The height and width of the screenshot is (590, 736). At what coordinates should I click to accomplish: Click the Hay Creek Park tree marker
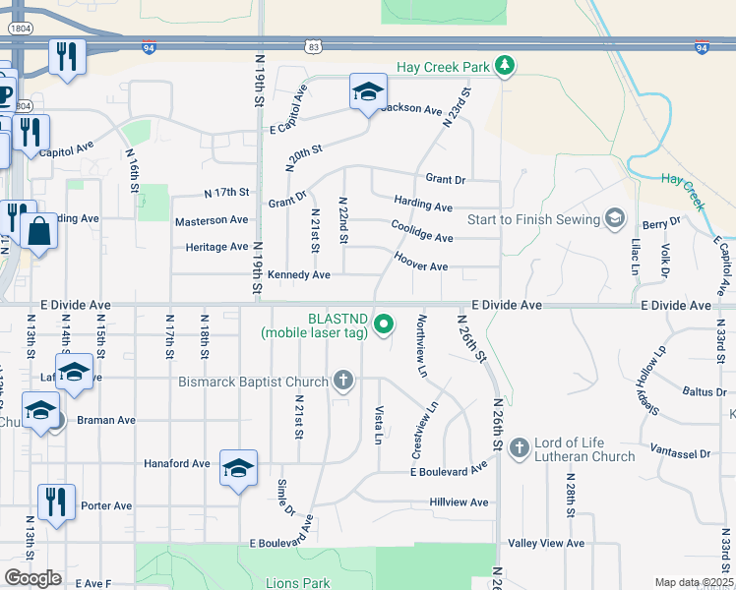(x=505, y=66)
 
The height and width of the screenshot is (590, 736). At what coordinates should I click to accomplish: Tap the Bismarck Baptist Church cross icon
(x=342, y=380)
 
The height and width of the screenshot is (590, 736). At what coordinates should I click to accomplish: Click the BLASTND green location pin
(x=386, y=323)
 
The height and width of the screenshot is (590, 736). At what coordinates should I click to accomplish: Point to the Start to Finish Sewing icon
(x=615, y=217)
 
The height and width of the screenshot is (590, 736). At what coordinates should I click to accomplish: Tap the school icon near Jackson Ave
(x=368, y=92)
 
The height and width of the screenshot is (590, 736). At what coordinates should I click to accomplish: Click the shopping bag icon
(x=38, y=232)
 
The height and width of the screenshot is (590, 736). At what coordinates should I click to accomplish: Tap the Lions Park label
(x=298, y=583)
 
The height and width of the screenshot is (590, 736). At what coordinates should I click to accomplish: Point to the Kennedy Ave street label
(x=298, y=274)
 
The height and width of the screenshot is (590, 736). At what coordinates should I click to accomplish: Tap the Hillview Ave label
(x=459, y=502)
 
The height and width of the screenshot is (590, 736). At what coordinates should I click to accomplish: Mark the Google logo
(x=32, y=578)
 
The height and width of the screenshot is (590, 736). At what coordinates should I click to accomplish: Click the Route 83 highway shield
(x=313, y=46)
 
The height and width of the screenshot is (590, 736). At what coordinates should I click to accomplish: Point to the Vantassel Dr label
(x=680, y=453)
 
